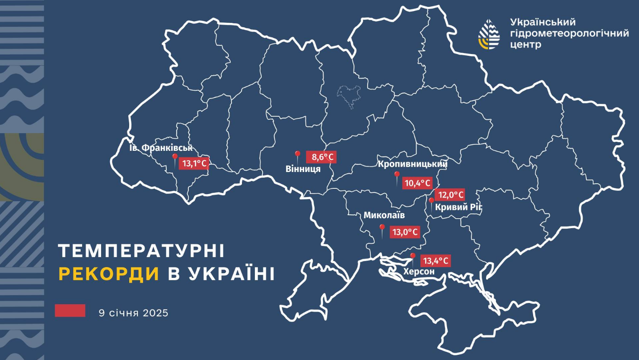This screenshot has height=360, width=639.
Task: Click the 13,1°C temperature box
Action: tap(194, 163)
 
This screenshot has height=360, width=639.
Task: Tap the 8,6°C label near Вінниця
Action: tap(321, 157)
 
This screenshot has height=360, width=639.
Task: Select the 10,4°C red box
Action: tap(417, 183)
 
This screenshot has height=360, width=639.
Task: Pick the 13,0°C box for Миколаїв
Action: tap(405, 232)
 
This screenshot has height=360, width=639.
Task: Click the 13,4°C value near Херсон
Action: tap(435, 261)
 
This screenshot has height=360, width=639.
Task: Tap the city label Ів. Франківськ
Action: tap(161, 148)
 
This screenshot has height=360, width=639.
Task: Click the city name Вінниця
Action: tap(303, 169)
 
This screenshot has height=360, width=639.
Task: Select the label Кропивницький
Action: tap(412, 164)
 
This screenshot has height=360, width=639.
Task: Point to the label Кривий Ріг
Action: tap(458, 207)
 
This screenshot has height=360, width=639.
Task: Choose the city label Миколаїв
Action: tap(384, 215)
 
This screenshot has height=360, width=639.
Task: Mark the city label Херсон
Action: tap(419, 272)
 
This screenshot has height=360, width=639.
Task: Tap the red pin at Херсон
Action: tap(413, 257)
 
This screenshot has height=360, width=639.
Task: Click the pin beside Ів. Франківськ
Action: tap(175, 158)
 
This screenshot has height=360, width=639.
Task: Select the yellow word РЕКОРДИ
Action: tap(109, 274)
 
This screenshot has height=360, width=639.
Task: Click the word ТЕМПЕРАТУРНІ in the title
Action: tap(141, 251)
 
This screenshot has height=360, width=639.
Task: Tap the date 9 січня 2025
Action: tap(133, 313)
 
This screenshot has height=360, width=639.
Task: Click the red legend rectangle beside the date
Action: tap(70, 311)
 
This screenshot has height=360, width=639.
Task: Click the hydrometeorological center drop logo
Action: tap(489, 34)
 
